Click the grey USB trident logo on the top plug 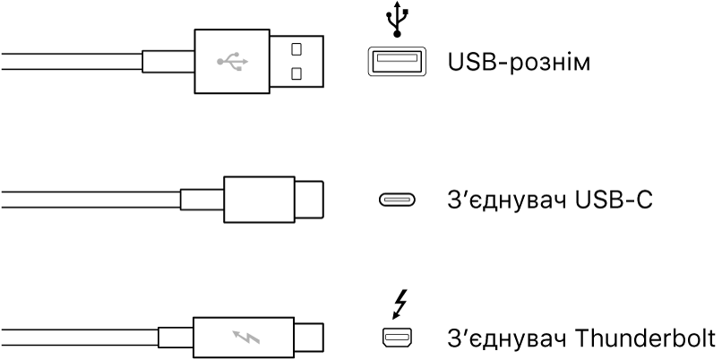[x=232, y=62]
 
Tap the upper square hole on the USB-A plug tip [x=296, y=47]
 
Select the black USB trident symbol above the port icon [x=396, y=20]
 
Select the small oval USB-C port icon [x=396, y=200]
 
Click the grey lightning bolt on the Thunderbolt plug [x=246, y=338]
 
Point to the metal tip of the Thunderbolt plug [x=309, y=338]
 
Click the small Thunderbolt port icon [x=396, y=338]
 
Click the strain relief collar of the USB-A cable [x=168, y=62]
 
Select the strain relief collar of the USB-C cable [x=202, y=199]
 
